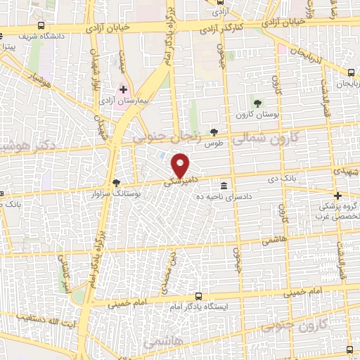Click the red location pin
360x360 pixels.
click(181, 165)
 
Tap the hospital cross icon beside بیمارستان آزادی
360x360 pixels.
click(124, 90)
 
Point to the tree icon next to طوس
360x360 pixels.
click(214, 132)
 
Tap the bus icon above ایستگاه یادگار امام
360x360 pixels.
click(199, 296)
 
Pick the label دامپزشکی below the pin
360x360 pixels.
click(179, 181)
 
